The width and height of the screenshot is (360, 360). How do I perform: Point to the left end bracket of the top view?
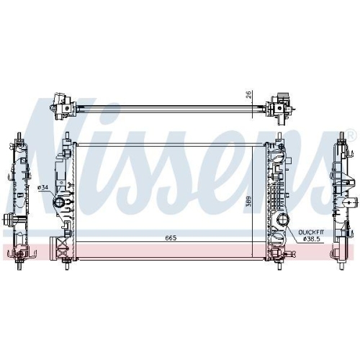pyautogui.click(x=63, y=105)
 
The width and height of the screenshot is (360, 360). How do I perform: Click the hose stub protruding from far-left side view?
pyautogui.click(x=8, y=199)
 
